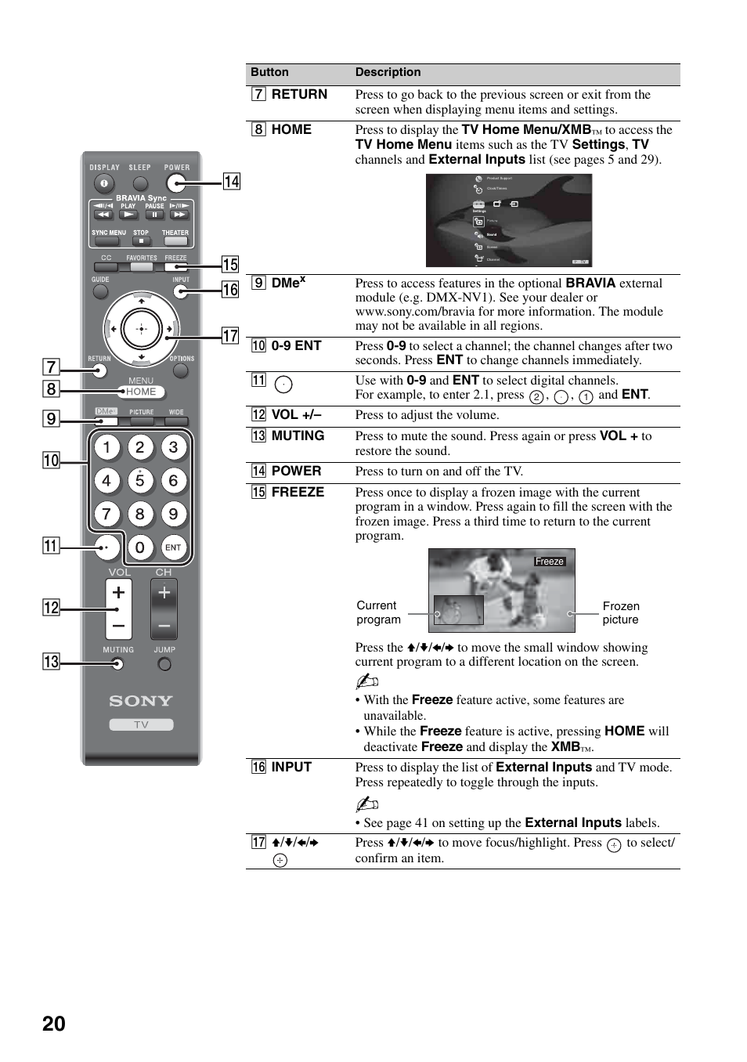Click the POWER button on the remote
coord(176,183)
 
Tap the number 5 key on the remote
coord(140,481)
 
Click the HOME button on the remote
coord(142,392)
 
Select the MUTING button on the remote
coord(117,664)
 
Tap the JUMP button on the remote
coord(164,664)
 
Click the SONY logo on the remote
coord(141,701)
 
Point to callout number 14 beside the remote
coord(232,182)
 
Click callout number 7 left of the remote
coord(51,367)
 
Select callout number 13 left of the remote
coord(51,662)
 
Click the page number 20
coord(54,1024)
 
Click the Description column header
coord(388,72)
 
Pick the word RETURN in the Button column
coord(299,94)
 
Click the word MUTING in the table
coord(298,435)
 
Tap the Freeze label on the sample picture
coord(549,562)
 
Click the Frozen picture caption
coord(621,612)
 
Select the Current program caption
coord(378,612)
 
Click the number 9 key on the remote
coord(174,515)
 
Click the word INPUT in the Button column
coord(291,767)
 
